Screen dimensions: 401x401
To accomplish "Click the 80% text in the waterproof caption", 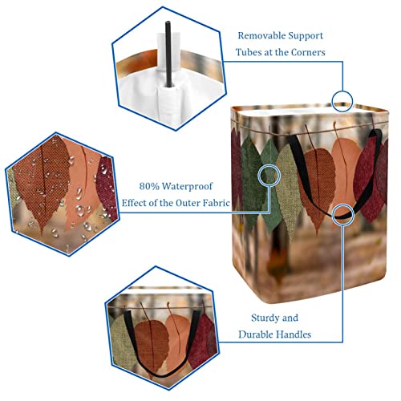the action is click(x=149, y=186).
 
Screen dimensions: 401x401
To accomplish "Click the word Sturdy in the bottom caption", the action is click(x=263, y=318).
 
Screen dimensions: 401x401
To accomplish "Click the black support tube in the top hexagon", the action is click(x=168, y=54).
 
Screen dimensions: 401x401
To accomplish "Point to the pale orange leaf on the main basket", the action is click(x=346, y=171).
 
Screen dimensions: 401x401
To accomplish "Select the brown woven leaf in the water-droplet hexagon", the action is click(x=42, y=182).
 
